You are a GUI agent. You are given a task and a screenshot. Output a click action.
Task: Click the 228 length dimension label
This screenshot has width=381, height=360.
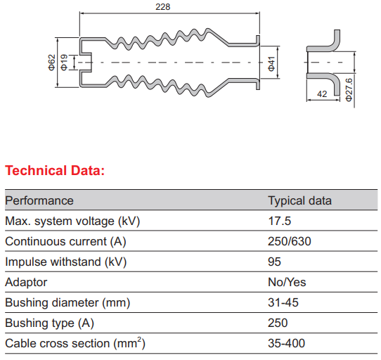(x=163, y=7)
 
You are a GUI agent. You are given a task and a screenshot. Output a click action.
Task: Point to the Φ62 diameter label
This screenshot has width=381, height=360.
(x=52, y=63)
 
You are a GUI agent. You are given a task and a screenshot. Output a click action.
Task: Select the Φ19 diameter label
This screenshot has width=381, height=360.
(x=64, y=63)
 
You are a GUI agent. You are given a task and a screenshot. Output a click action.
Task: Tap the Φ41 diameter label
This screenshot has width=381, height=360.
(x=271, y=64)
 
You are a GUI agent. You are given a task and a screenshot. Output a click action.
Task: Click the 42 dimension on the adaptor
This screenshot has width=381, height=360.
(x=322, y=94)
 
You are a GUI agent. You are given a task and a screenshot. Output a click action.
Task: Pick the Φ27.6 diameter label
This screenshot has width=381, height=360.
(x=349, y=90)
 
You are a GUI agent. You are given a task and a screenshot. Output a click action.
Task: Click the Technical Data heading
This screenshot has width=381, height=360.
(x=55, y=170)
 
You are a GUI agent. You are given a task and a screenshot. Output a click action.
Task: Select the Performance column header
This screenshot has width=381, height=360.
(x=39, y=201)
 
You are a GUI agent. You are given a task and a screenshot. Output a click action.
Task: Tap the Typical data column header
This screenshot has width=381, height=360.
(x=300, y=201)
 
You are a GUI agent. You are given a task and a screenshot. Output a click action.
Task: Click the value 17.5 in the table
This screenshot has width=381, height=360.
(x=280, y=221)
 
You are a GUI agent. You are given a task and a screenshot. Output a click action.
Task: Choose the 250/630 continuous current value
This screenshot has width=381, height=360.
(x=290, y=242)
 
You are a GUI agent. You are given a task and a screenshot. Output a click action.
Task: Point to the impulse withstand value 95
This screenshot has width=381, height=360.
(x=275, y=262)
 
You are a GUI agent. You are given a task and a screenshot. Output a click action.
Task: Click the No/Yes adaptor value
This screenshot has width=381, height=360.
(x=287, y=283)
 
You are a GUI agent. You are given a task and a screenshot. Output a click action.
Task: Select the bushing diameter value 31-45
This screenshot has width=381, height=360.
(x=283, y=303)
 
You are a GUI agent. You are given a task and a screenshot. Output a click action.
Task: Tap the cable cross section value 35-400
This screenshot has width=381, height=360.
(x=287, y=344)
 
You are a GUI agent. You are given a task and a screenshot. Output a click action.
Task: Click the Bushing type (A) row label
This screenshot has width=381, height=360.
(x=50, y=323)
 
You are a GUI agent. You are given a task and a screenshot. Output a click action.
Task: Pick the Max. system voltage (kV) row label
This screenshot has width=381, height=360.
(x=72, y=221)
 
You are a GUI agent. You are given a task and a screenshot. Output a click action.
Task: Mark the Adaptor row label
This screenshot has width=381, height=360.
(x=26, y=283)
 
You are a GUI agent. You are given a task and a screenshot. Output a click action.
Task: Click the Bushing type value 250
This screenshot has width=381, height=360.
(x=278, y=323)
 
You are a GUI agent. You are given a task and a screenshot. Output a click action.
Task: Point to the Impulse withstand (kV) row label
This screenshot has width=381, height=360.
(x=66, y=262)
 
